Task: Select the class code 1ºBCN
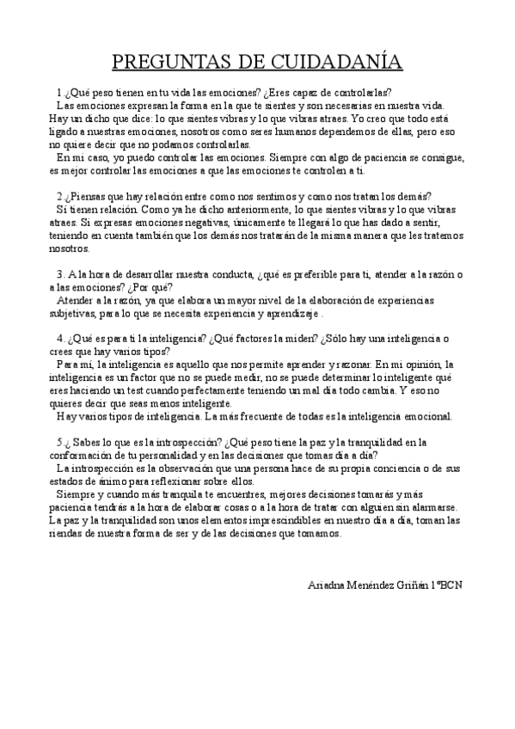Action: [445, 585]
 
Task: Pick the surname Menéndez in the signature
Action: [375, 585]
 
